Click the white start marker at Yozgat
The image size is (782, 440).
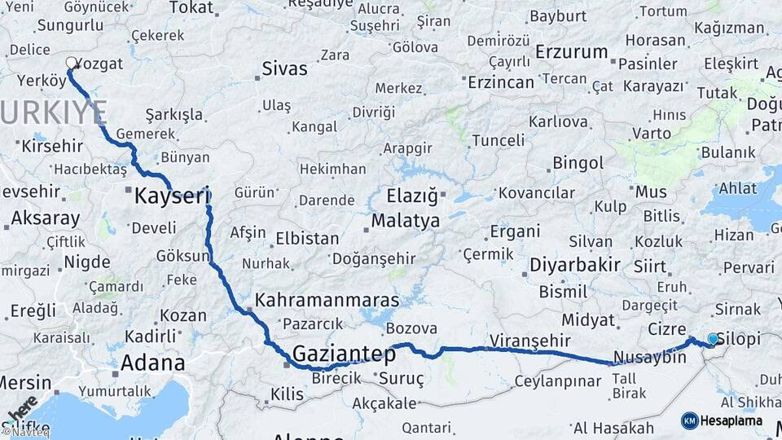pos(72,62)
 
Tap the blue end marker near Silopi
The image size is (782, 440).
pos(713,339)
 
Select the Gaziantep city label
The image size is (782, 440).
pos(344,354)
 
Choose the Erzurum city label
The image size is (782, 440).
pos(572,52)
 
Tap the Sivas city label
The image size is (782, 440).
pos(285,68)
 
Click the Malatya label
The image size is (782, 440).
pos(405,221)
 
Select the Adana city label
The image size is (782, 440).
pos(152,363)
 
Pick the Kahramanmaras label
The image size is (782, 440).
pos(327,300)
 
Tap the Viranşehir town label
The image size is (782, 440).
pos(530,340)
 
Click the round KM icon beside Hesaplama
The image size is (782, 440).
pos(689,420)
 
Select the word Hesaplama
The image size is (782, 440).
pos(731,420)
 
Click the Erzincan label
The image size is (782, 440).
pos(501,81)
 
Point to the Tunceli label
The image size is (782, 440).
pos(498,140)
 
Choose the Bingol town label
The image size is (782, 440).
pos(578,163)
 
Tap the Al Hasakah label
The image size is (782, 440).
pos(613,428)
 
